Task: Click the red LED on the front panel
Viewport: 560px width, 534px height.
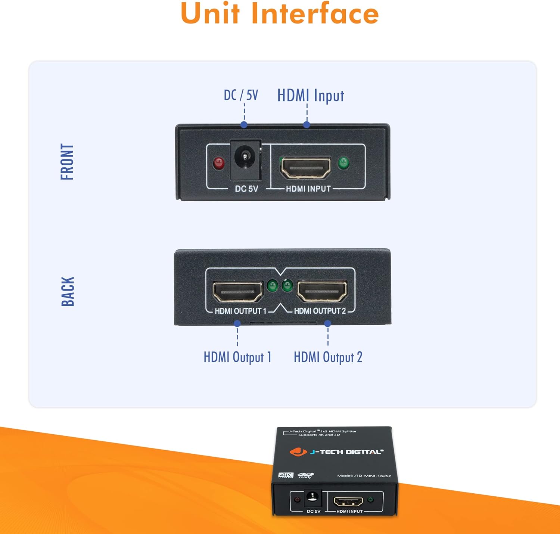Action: [x=218, y=163]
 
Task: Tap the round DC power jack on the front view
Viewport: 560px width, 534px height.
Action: [x=245, y=156]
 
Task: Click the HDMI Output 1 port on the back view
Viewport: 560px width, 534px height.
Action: [x=237, y=292]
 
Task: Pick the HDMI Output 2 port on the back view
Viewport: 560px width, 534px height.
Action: [x=322, y=291]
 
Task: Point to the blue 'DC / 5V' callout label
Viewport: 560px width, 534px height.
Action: [x=241, y=95]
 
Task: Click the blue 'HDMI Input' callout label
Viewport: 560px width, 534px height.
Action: [x=311, y=96]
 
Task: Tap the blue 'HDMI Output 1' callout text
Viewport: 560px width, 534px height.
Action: [x=237, y=357]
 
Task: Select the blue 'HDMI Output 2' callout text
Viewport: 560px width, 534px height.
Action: [x=328, y=357]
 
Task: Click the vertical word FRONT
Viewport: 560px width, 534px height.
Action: [x=67, y=162]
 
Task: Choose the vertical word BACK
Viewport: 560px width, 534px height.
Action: [x=68, y=291]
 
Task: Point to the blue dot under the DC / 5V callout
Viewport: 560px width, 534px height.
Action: [x=244, y=124]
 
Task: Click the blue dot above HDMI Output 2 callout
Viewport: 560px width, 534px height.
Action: [x=328, y=323]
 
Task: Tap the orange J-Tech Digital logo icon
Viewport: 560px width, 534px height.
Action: [x=298, y=451]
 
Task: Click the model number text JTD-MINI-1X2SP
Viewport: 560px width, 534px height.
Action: [x=372, y=476]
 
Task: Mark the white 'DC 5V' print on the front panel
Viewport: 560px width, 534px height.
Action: [x=246, y=189]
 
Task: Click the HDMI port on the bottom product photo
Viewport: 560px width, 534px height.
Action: [x=348, y=501]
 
